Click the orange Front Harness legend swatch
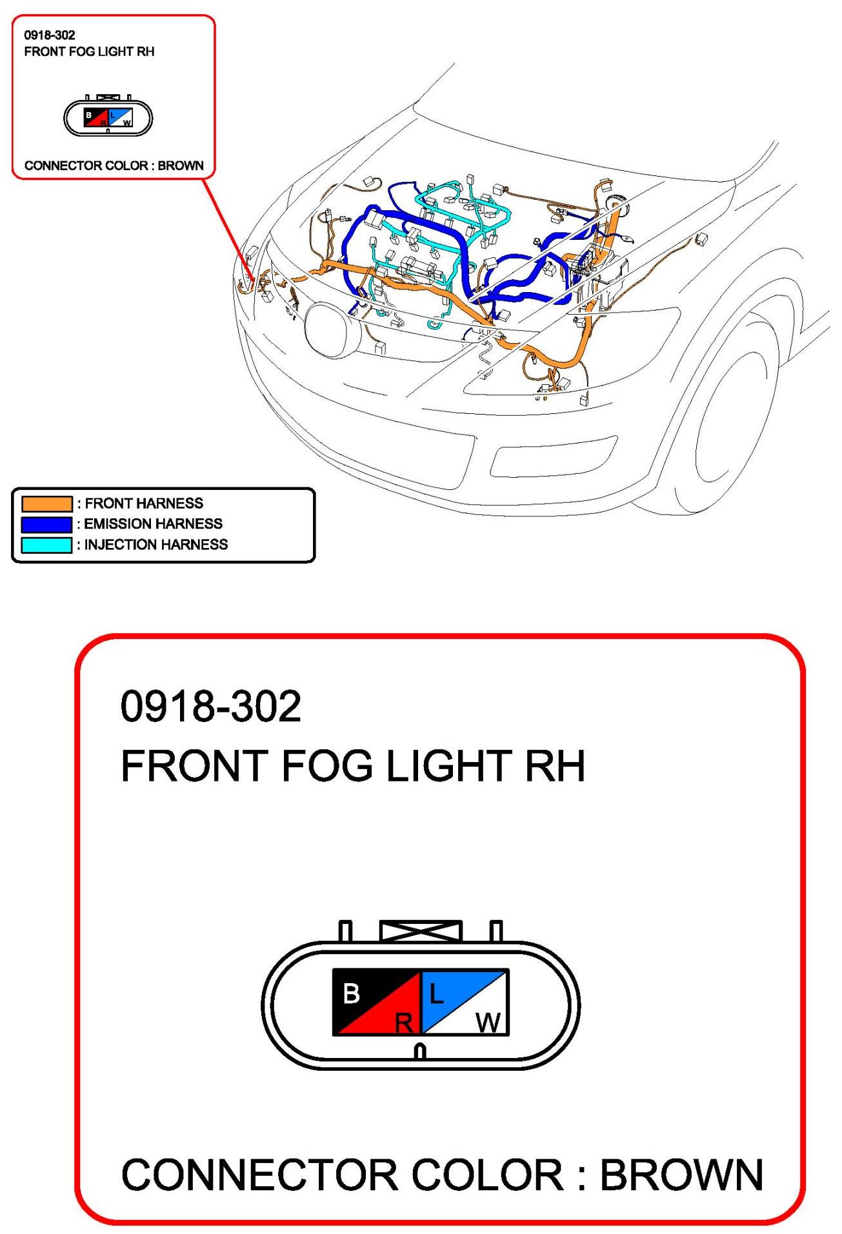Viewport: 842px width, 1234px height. coord(46,504)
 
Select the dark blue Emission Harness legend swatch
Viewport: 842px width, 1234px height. coord(46,524)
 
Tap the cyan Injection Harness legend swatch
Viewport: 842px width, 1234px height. coord(46,545)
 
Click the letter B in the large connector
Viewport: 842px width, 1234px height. coord(352,994)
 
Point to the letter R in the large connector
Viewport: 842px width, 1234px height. coord(404,1023)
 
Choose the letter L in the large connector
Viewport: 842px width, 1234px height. coord(437,994)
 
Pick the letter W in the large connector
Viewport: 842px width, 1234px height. coord(488,1023)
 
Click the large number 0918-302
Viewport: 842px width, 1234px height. coord(210,706)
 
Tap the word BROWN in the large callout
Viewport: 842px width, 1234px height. coord(682,1175)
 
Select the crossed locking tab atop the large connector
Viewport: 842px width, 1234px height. coord(421,932)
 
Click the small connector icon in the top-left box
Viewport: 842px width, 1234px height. coord(108,117)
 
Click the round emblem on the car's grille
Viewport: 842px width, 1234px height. coord(332,329)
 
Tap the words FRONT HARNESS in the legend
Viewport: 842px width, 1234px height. coord(144,504)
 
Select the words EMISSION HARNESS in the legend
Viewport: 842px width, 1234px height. coord(154,524)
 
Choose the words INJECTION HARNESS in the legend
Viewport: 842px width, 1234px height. coord(156,545)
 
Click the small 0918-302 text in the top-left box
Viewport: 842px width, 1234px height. coord(50,35)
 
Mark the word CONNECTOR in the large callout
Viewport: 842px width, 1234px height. coord(259,1175)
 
